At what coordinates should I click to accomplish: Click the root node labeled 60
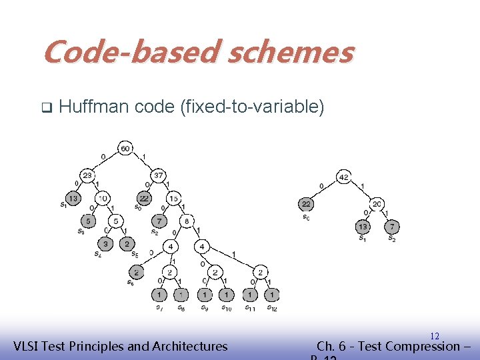tap(125, 147)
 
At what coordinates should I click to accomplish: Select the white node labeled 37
tap(159, 176)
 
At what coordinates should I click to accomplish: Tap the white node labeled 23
tap(87, 176)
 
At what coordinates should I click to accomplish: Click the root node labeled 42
tap(344, 177)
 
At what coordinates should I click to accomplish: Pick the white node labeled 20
tap(377, 204)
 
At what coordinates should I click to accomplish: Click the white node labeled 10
tap(103, 198)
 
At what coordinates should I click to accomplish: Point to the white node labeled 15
tap(173, 198)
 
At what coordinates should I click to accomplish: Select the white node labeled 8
tap(187, 221)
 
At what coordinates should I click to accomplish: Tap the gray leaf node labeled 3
tap(105, 244)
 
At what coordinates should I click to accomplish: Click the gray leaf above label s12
tap(271, 294)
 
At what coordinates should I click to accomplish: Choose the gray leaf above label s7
tap(159, 294)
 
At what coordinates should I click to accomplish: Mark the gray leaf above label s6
tap(136, 272)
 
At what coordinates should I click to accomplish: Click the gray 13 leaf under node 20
tap(363, 228)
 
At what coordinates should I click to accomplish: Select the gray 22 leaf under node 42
tap(306, 204)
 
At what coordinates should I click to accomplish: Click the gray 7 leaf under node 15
tap(159, 221)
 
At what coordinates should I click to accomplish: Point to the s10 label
tap(227, 308)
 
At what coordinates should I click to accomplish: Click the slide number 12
tap(435, 336)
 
